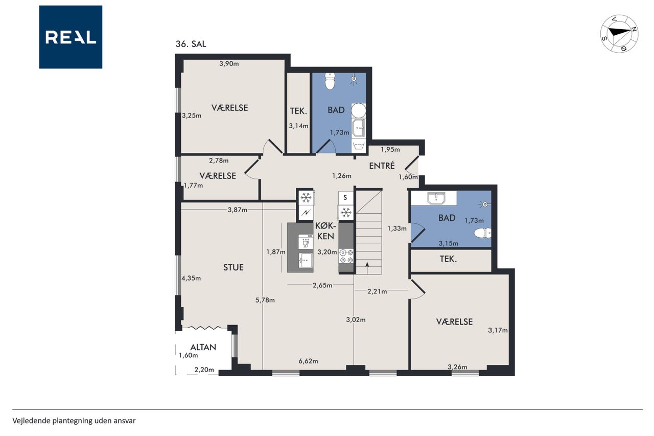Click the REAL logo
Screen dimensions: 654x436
pos(71,37)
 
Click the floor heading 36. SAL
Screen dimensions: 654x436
pos(191,44)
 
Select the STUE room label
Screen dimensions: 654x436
pos(233,267)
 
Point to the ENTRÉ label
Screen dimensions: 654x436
pos(382,166)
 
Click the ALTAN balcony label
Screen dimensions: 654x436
pos(203,347)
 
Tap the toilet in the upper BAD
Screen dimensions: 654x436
pos(330,81)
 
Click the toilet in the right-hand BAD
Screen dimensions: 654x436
pos(482,233)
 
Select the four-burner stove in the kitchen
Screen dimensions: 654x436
pos(346,256)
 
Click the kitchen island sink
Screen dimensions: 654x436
pos(306,260)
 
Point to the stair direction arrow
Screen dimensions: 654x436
pos(367,268)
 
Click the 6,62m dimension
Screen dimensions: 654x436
pos(308,361)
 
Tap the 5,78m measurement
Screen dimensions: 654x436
pos(265,300)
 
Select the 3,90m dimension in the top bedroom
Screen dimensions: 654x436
pos(229,63)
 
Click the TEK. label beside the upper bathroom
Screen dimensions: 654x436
pos(298,111)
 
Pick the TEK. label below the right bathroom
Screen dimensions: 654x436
pos(448,259)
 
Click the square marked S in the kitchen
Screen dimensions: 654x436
pos(345,198)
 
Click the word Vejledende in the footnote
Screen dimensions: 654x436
pos(31,421)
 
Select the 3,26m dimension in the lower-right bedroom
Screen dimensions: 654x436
pos(457,367)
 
